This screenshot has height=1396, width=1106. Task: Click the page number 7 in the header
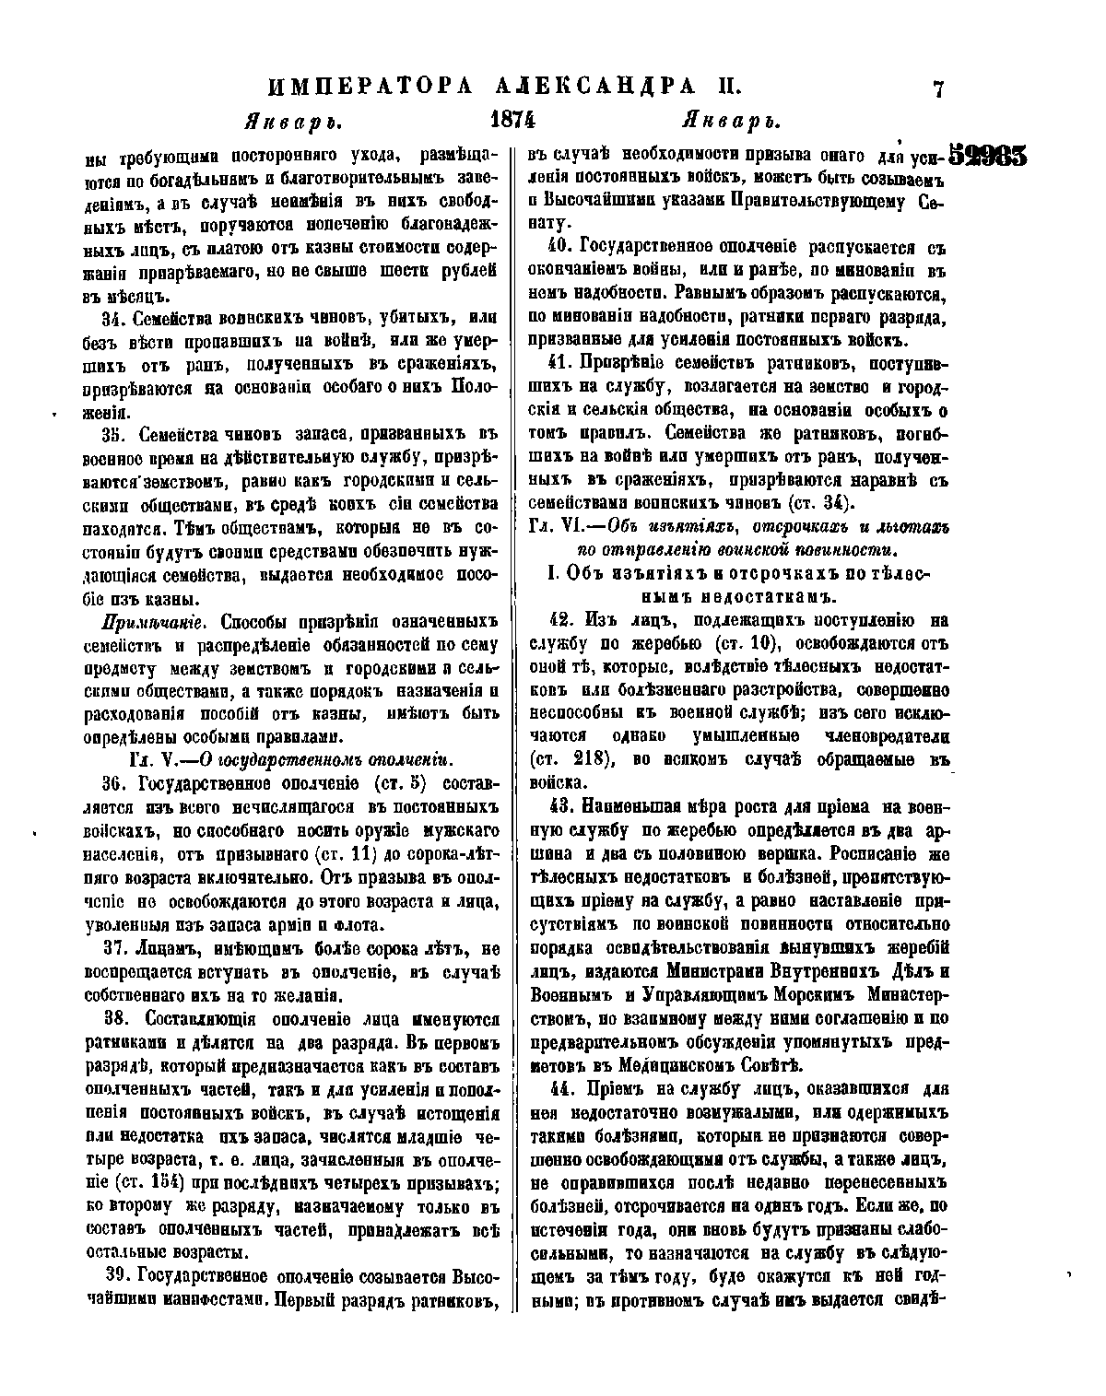938,88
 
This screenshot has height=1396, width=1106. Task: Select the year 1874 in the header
513,122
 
